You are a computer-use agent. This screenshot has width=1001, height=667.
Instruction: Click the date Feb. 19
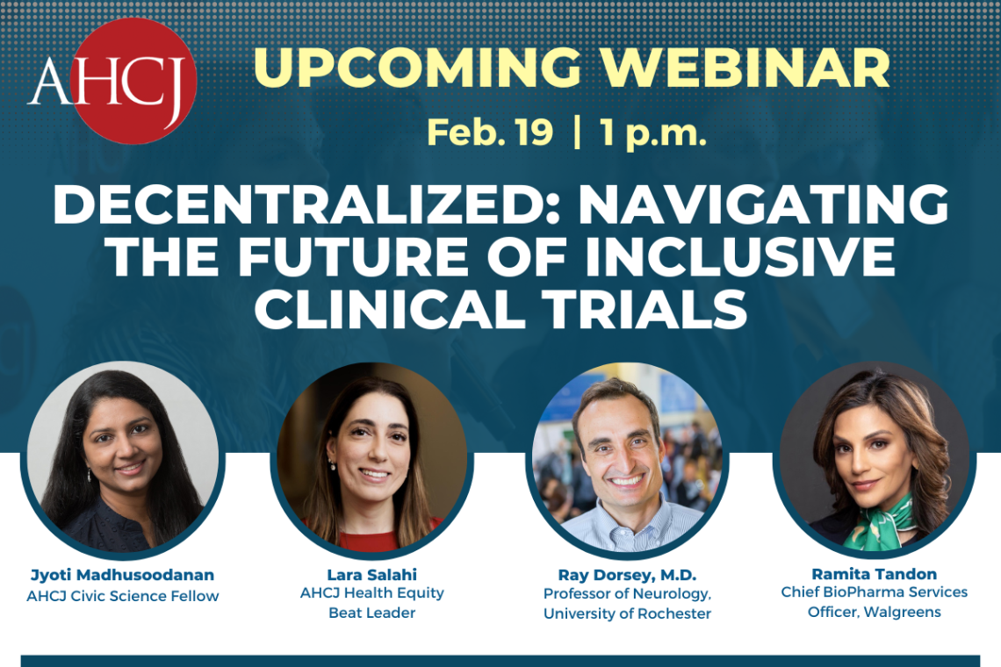[x=490, y=133]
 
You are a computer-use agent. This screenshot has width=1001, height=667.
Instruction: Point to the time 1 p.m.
[x=653, y=133]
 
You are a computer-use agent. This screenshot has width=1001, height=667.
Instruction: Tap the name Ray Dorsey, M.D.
[x=627, y=575]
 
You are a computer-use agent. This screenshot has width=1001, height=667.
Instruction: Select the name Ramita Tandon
[x=874, y=574]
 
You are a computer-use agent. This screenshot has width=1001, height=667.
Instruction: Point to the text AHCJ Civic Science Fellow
[x=122, y=597]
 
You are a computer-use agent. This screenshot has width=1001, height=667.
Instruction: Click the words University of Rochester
[x=627, y=613]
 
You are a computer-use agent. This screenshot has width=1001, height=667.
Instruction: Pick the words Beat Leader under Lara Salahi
[x=371, y=613]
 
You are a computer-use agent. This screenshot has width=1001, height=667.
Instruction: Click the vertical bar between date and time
[x=577, y=133]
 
